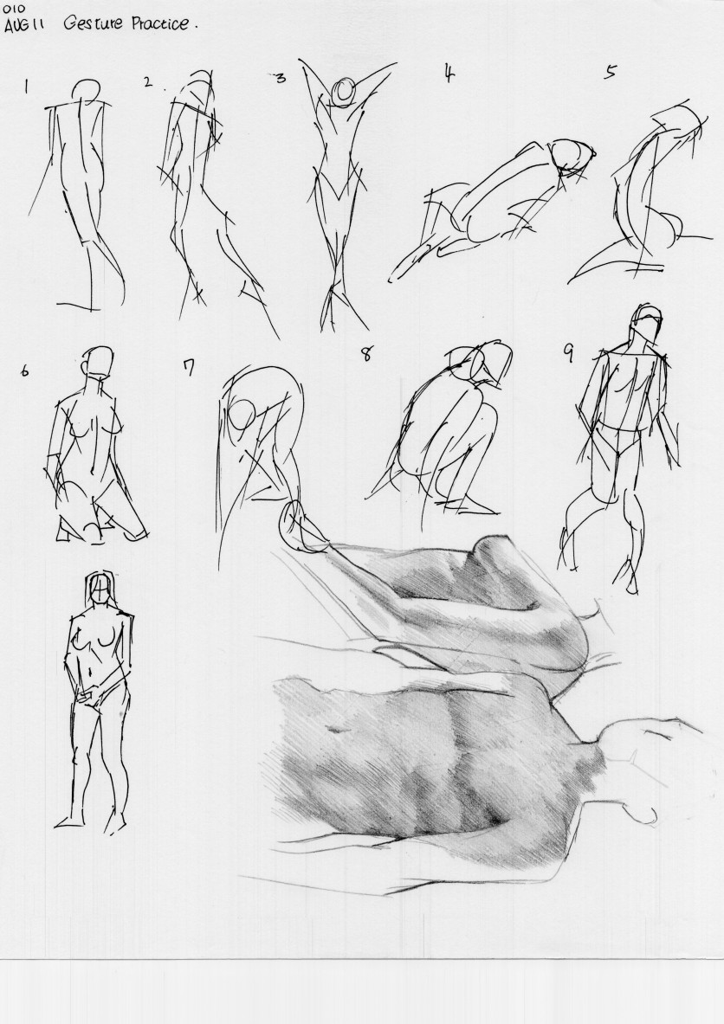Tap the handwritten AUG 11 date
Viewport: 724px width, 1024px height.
pyautogui.click(x=28, y=26)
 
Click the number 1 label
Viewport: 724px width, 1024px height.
pyautogui.click(x=26, y=87)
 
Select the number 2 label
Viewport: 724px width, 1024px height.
pyautogui.click(x=148, y=81)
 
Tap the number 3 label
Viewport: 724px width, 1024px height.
pyautogui.click(x=281, y=79)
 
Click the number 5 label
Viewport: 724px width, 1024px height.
pyautogui.click(x=609, y=72)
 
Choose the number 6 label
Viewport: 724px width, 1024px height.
pyautogui.click(x=25, y=371)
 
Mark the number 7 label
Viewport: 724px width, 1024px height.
pyautogui.click(x=188, y=369)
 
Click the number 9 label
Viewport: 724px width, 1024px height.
pyautogui.click(x=568, y=353)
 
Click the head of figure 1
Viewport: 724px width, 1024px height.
pyautogui.click(x=87, y=92)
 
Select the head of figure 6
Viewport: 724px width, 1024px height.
pyautogui.click(x=98, y=362)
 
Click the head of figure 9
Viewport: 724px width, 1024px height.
pyautogui.click(x=648, y=323)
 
